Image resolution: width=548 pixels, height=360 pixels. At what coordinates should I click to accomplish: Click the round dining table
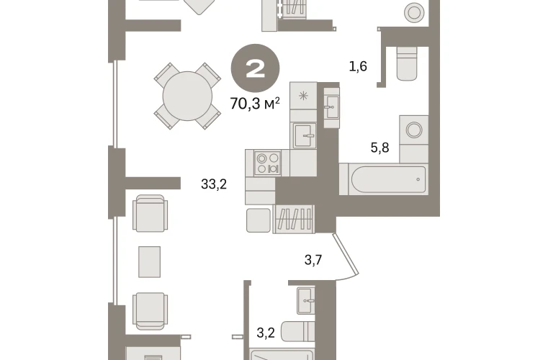[187, 96]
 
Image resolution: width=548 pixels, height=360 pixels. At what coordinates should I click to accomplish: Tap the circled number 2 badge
[255, 68]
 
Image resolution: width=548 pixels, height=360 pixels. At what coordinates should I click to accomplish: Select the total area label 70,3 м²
[255, 104]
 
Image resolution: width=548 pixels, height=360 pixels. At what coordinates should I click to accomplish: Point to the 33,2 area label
[214, 184]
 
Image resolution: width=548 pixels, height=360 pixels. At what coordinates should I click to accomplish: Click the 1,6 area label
[358, 66]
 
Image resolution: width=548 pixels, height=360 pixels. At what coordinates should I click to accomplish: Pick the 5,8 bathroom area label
[380, 148]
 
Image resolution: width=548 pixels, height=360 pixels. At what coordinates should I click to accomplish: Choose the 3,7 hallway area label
[313, 260]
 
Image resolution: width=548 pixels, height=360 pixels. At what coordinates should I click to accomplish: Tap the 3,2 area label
[266, 333]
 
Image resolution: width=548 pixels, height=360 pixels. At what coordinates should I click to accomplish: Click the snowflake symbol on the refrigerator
[303, 96]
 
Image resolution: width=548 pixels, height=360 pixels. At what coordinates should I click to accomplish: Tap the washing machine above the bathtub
[414, 130]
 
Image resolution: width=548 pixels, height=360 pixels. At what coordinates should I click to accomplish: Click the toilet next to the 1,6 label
[407, 63]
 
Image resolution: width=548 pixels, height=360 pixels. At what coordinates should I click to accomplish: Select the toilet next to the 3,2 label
[298, 331]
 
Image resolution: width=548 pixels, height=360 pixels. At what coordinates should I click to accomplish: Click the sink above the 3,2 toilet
[306, 300]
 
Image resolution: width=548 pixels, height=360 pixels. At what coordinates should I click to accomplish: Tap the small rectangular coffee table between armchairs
[150, 262]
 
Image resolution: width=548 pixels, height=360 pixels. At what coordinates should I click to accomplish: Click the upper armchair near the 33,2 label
[150, 213]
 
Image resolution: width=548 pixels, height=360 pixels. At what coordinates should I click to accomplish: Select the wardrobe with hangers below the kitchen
[294, 219]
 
